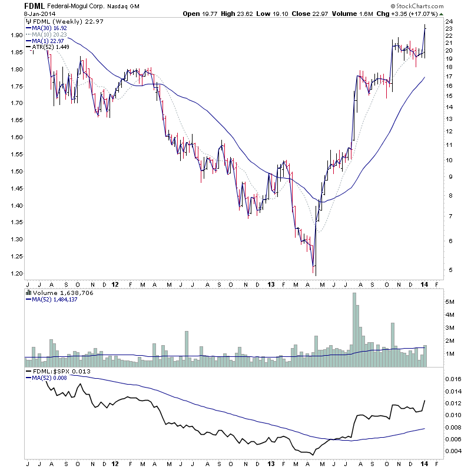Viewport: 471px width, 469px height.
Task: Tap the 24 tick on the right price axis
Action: (x=449, y=22)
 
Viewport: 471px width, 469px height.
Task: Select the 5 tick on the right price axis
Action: (x=449, y=270)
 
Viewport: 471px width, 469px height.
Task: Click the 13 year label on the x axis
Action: (x=270, y=284)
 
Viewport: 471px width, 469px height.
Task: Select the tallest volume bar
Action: (x=355, y=325)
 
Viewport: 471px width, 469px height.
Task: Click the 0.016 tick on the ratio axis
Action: (x=453, y=379)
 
